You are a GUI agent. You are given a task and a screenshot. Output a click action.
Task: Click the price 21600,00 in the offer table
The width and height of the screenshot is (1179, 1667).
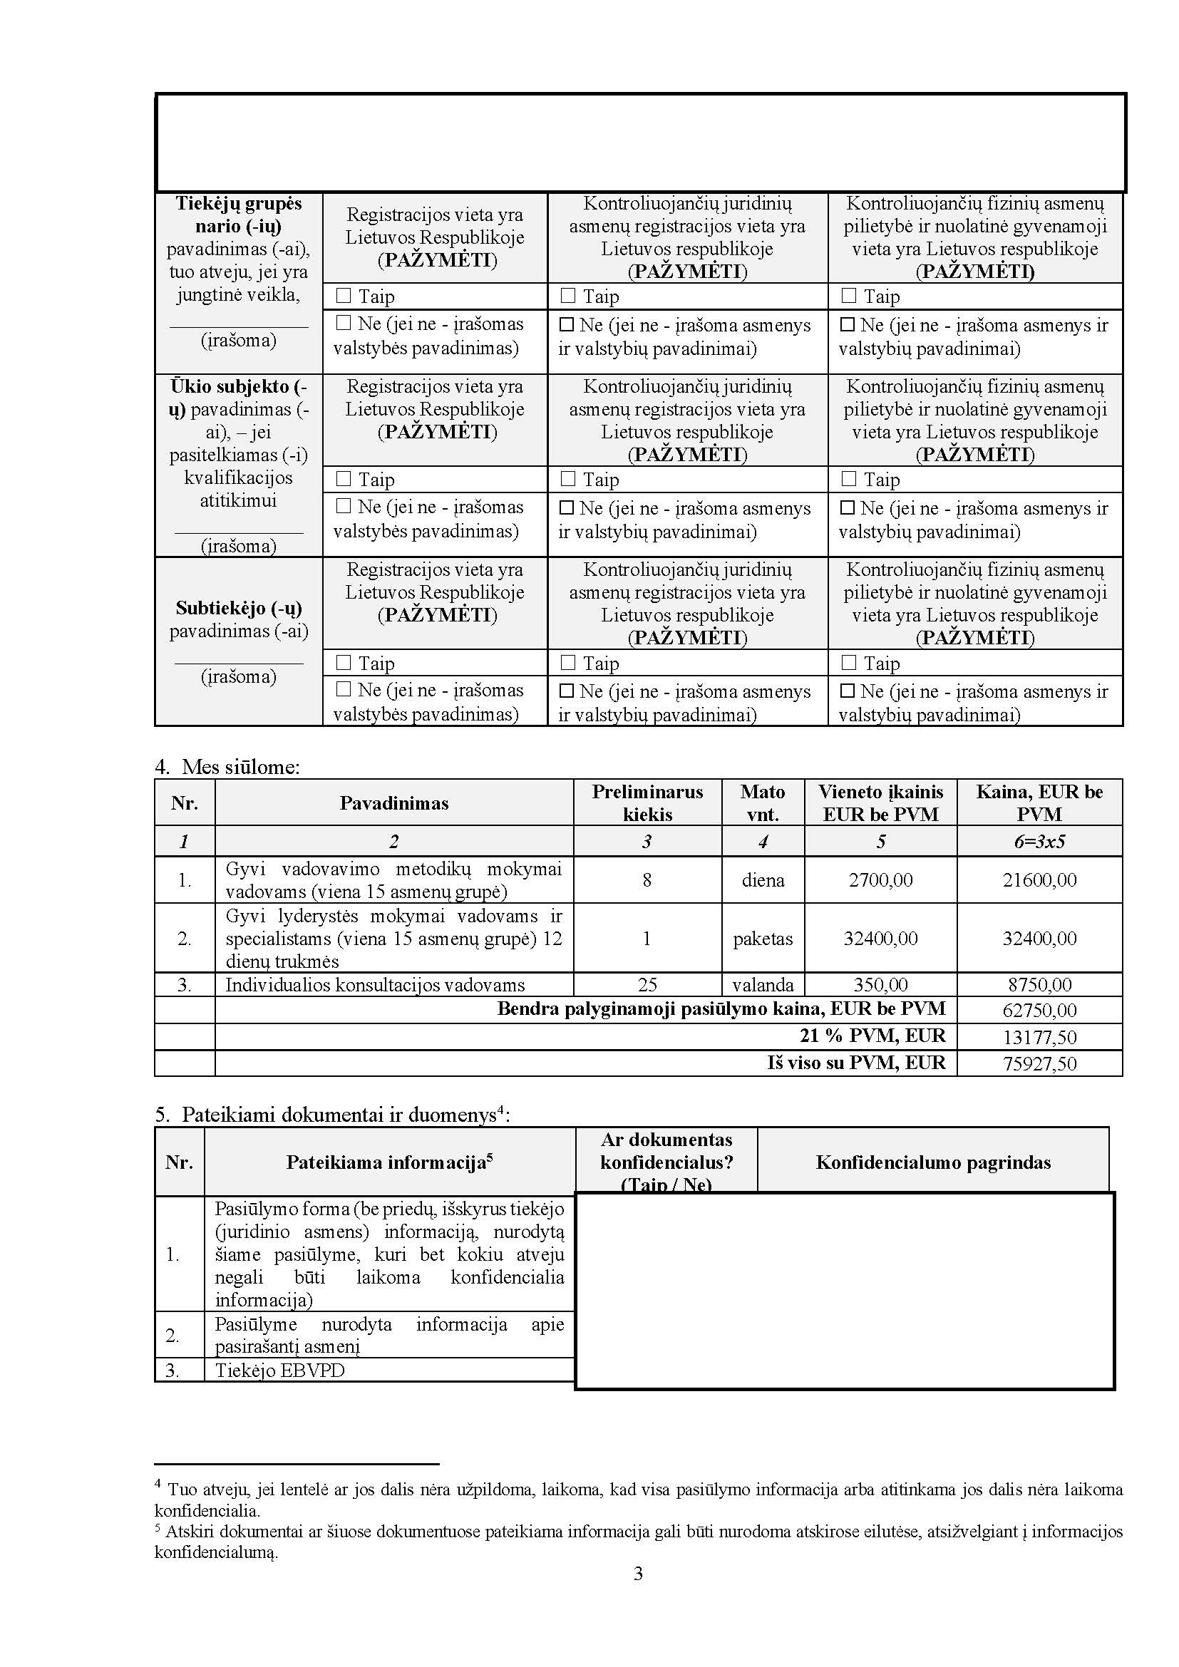tap(1039, 880)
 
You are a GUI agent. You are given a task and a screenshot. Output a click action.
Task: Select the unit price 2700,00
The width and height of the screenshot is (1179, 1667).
tap(880, 880)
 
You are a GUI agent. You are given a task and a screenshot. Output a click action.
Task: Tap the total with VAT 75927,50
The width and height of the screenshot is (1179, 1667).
tap(1039, 1063)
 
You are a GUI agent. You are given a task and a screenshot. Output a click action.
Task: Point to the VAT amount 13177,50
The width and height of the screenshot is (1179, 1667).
tap(1039, 1037)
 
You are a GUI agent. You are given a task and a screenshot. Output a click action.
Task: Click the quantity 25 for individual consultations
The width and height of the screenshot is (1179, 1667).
tap(647, 984)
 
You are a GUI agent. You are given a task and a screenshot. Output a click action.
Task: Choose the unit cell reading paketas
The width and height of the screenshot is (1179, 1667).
tap(762, 938)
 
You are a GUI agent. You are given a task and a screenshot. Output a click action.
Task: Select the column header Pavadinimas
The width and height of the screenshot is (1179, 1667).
tap(393, 803)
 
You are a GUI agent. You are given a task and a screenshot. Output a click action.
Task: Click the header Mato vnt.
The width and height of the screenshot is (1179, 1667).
tap(762, 803)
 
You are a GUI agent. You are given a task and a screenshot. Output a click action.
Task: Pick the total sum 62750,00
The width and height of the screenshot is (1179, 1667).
tap(1039, 1010)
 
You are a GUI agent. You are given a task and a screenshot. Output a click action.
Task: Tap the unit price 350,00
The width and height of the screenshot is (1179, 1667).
tap(880, 984)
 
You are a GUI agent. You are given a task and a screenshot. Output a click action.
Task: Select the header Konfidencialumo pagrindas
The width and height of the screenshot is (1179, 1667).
tap(933, 1162)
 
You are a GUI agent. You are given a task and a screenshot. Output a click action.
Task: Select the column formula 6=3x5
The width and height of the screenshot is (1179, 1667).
tap(1039, 842)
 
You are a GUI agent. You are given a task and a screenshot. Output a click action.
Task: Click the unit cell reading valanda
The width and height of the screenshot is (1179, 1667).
tap(762, 984)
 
